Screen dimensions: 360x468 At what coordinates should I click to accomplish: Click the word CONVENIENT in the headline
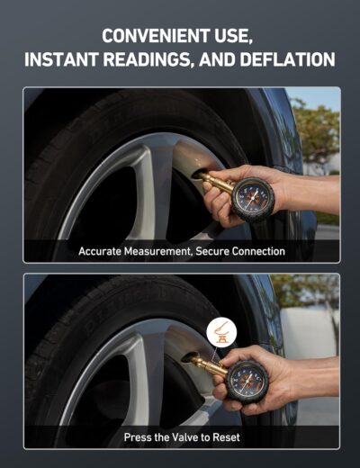155,36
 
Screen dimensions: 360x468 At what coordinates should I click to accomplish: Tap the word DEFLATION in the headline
287,59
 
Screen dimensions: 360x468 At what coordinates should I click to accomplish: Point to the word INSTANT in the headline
61,59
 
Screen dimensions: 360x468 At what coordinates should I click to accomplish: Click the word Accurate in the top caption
100,251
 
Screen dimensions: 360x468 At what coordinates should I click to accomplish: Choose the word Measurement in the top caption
158,251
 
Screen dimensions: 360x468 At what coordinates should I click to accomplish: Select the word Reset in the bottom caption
226,437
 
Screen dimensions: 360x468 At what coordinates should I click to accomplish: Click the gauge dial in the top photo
252,199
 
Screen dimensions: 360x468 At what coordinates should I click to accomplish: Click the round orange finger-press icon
221,332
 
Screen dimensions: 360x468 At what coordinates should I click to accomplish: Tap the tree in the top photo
317,132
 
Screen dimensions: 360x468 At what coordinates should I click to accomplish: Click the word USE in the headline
234,36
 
